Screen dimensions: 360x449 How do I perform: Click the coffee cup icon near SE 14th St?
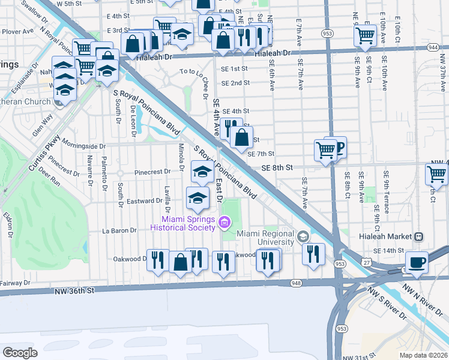point(417,262)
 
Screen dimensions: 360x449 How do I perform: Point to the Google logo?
point(20,352)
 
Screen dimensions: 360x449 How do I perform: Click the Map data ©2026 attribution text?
point(423,355)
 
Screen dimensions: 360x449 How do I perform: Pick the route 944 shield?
point(433,46)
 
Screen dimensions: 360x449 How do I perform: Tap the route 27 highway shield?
point(366,262)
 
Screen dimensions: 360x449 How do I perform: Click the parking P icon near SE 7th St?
point(339,146)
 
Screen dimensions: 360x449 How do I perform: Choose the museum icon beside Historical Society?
point(224,223)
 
